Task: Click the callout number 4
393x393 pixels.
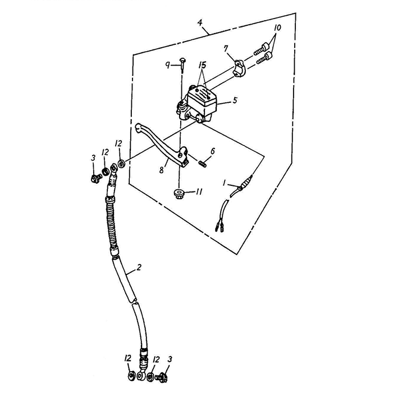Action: pos(200,22)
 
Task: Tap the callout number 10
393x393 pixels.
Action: pos(277,28)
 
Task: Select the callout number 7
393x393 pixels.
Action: pos(226,49)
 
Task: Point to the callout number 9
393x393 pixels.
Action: pos(168,66)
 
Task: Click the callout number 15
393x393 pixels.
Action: pos(202,65)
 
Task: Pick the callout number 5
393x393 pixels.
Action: pos(235,100)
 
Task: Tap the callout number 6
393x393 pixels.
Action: pos(213,151)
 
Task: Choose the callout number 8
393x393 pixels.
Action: pos(162,170)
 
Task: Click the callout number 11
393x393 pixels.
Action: pos(199,192)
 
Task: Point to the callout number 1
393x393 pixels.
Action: pos(224,184)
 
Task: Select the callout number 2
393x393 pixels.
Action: pos(139,267)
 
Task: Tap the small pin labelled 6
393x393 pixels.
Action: pos(203,164)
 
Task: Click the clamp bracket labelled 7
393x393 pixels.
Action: pos(239,68)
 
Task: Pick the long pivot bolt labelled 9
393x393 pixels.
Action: pos(182,66)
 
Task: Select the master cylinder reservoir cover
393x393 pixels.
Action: pos(202,96)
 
